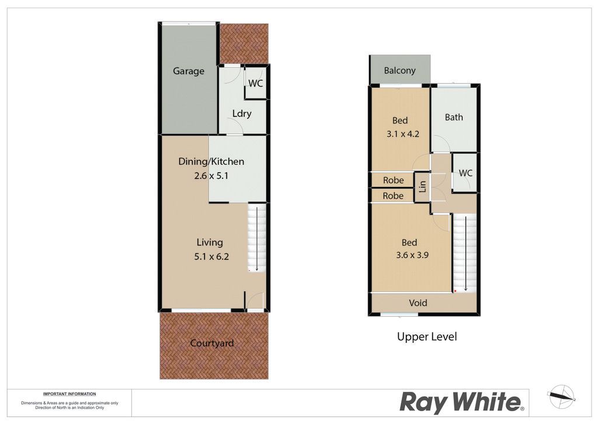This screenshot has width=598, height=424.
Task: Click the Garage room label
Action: point(189,71)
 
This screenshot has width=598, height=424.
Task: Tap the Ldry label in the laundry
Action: point(242,114)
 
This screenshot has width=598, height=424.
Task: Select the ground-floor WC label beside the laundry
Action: point(256,83)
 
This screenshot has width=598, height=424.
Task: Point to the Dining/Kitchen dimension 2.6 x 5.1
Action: point(211,176)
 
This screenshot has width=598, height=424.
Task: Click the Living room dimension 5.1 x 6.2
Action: point(211,256)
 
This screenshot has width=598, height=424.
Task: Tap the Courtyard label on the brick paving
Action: point(211,343)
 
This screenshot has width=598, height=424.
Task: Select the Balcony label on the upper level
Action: point(399,71)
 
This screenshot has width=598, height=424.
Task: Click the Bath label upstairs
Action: point(454,117)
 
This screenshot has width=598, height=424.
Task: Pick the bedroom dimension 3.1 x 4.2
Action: point(403,134)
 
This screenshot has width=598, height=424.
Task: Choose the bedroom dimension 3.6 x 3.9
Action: point(412,255)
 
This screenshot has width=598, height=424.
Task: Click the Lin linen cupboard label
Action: point(422,186)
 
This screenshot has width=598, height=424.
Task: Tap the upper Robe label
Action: point(393,180)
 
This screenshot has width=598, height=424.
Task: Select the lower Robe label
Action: point(393,196)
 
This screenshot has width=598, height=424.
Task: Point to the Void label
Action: point(418,303)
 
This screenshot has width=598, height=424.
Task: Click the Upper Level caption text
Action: point(427,336)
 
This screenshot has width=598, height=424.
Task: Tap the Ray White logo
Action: point(462,402)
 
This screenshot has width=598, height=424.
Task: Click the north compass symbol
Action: point(561,397)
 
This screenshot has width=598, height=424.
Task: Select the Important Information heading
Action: point(69,394)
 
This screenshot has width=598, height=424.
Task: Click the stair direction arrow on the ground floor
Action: point(257,238)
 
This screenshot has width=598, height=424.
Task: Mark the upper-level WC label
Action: point(465,173)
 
